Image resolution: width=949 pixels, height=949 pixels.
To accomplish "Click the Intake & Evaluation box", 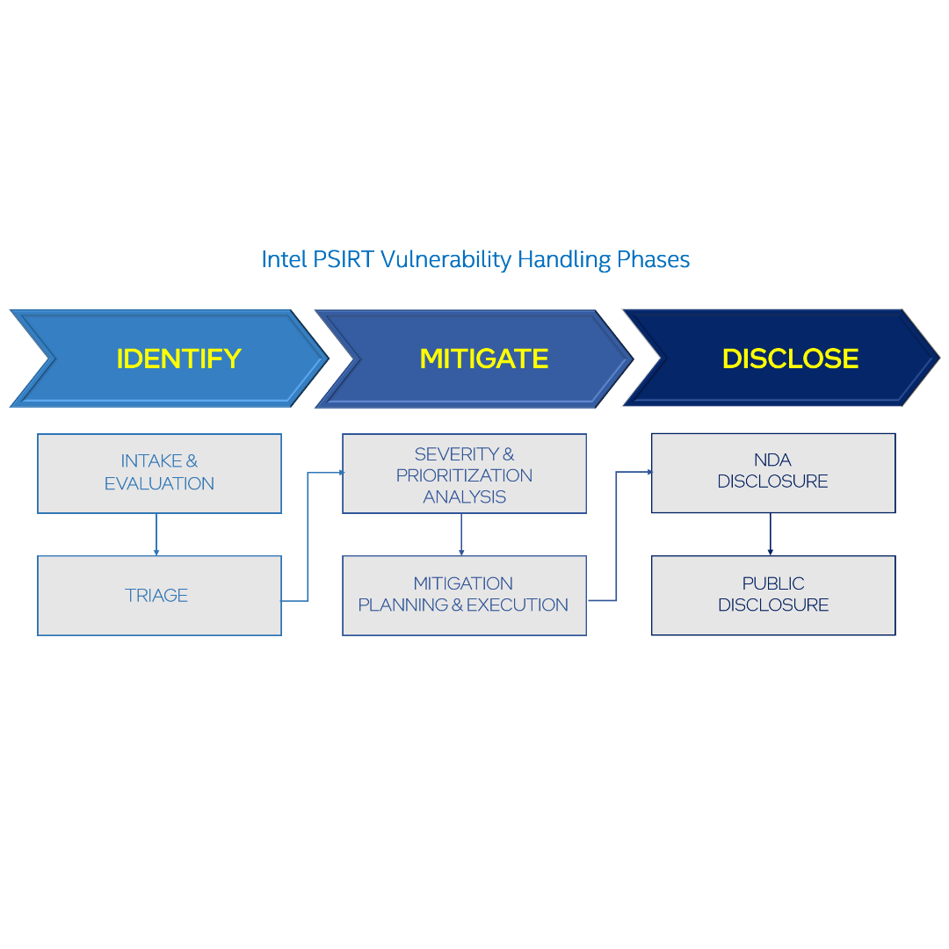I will click(159, 473).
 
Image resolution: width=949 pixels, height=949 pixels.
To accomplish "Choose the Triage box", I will click(159, 595).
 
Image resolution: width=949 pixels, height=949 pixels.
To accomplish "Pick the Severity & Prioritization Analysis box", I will click(464, 474).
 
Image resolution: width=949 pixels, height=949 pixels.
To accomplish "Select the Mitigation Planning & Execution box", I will click(464, 595).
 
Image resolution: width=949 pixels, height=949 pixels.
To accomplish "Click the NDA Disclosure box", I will click(773, 472).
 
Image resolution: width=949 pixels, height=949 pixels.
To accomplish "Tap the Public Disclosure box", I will click(773, 595).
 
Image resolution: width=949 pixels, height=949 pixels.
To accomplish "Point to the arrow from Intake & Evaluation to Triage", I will click(156, 534).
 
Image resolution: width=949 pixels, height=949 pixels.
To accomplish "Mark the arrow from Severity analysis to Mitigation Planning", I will click(461, 534).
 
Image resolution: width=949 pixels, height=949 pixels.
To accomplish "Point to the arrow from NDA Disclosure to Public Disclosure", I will click(771, 534).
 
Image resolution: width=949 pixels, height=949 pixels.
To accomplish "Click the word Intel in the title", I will click(283, 259).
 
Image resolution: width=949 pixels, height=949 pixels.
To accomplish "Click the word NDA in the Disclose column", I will click(772, 460).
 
